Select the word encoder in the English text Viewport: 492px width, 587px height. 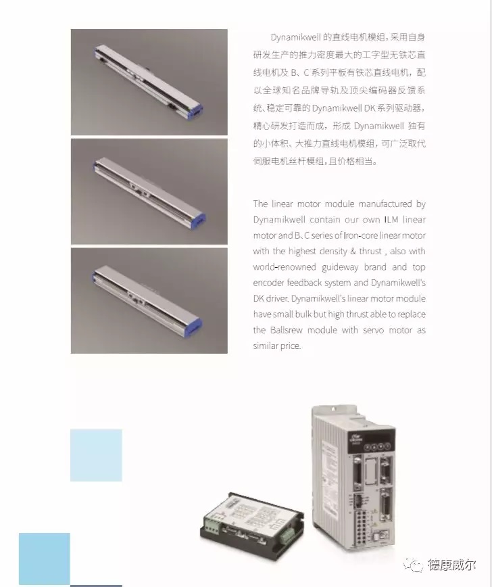point(268,283)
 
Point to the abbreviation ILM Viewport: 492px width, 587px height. point(391,220)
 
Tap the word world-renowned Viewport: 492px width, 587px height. point(285,267)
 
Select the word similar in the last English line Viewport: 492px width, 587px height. point(264,346)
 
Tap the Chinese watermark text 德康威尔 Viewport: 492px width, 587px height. point(451,565)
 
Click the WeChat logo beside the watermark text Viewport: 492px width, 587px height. point(414,565)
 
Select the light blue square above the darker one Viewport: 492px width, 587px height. point(96,455)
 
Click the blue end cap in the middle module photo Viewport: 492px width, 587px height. point(197,218)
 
